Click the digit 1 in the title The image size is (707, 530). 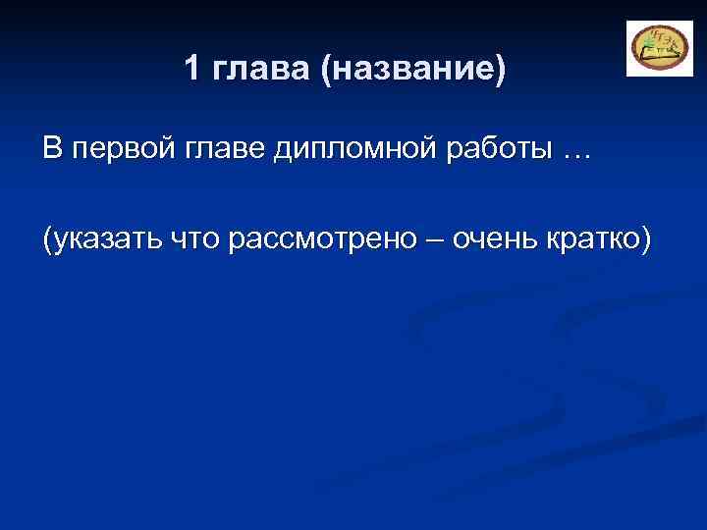pos(192,69)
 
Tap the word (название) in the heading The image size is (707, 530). pos(412,70)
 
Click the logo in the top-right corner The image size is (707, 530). pos(659,48)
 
